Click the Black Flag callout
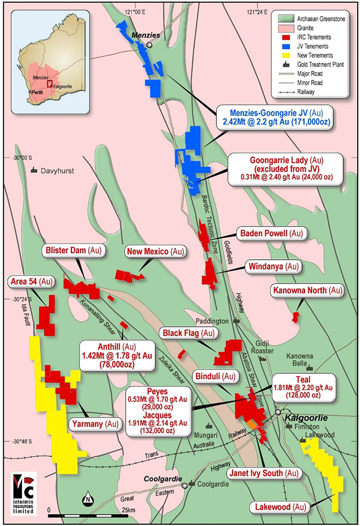(x=188, y=333)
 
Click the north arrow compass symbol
(x=88, y=499)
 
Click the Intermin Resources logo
(x=24, y=488)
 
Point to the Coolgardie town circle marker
(x=184, y=485)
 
